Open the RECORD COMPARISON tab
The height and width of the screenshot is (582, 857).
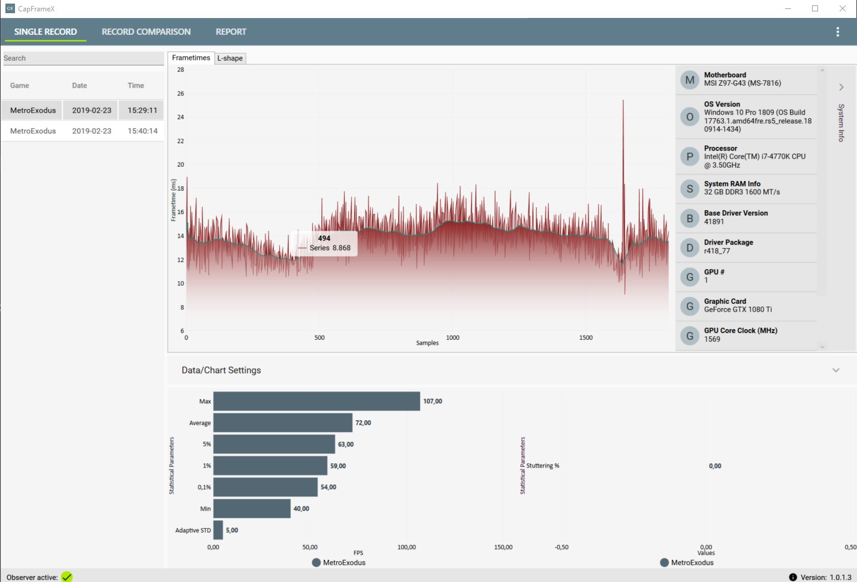point(146,32)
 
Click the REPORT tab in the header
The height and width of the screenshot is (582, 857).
point(231,32)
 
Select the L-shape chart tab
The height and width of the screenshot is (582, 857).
point(230,58)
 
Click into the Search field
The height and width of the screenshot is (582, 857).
point(83,58)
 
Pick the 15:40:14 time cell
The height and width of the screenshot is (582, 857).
point(142,131)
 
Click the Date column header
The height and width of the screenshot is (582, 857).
point(80,85)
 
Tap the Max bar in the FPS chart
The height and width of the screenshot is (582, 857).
point(316,401)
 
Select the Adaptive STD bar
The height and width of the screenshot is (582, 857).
point(218,530)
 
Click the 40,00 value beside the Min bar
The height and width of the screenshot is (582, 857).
point(301,508)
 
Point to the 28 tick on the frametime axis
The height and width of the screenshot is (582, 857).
point(180,70)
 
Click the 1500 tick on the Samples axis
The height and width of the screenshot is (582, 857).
point(586,337)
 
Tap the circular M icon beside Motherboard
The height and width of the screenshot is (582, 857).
point(689,80)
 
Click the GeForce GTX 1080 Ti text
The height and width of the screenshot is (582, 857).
point(738,309)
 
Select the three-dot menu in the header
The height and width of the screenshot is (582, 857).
point(837,32)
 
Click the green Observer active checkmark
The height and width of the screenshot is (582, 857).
point(67,577)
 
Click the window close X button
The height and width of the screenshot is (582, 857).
point(843,8)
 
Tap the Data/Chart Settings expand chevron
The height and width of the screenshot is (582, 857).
point(836,370)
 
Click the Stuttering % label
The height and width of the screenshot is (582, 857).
point(542,466)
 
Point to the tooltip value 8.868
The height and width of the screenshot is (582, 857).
point(341,248)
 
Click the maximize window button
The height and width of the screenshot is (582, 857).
point(815,8)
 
